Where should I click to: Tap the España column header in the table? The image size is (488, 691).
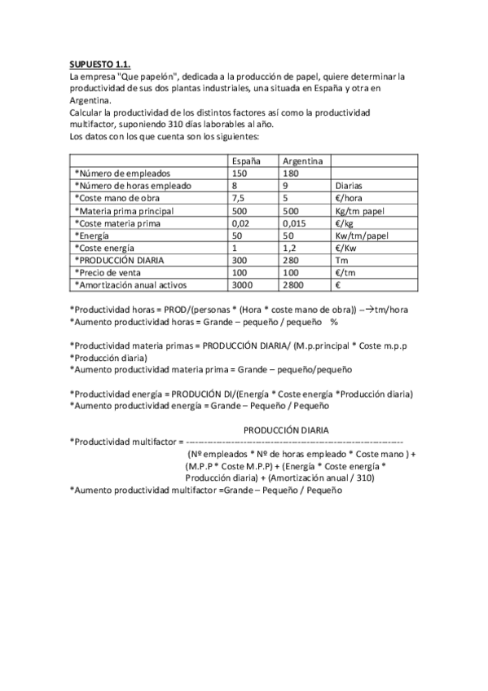246,161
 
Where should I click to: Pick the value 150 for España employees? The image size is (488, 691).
240,174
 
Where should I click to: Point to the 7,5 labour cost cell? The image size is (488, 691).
239,198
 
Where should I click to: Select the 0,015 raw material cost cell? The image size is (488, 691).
295,222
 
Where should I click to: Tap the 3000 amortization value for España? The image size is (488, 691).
243,284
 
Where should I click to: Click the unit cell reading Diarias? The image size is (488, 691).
351,186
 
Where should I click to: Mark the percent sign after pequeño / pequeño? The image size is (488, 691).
334,321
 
